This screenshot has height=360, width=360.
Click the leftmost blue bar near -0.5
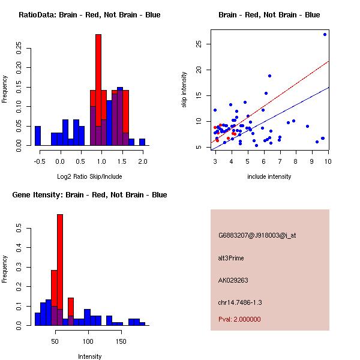pos(38,136)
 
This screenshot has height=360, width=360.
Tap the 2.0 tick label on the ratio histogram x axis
pos(142,162)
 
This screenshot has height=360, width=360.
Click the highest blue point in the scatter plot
pos(325,34)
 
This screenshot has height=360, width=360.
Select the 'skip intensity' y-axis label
pos(185,90)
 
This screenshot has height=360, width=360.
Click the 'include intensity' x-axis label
pos(269,177)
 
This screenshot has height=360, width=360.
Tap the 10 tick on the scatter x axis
pos(328,162)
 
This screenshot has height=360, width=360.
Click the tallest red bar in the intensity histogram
pos(60,270)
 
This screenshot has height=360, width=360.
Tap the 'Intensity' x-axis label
pos(89,356)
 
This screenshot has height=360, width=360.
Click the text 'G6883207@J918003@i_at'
pos(257,235)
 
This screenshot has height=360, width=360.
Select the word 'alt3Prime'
pos(231,258)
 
